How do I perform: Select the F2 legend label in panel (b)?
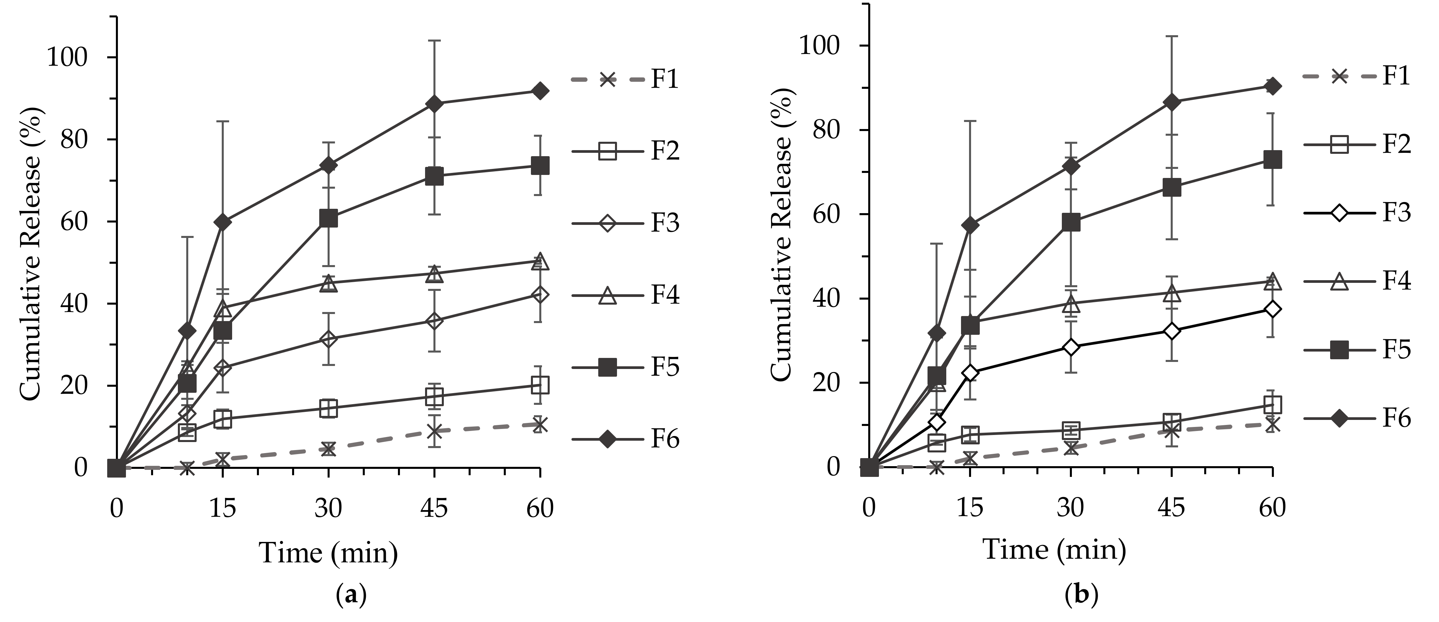[1396, 144]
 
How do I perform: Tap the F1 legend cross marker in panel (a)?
[607, 79]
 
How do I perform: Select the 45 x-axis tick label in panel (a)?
[434, 508]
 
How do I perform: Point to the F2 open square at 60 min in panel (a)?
[540, 385]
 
